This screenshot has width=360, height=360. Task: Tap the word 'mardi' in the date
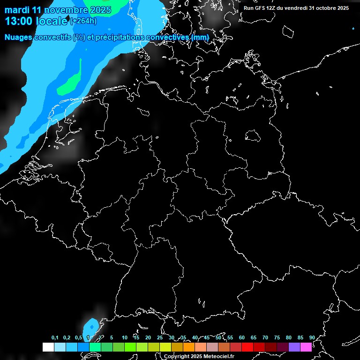[17, 10]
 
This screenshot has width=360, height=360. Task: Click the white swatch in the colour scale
[48, 347]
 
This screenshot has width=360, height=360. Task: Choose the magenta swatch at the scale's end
[306, 347]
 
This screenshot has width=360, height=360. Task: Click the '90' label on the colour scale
[312, 337]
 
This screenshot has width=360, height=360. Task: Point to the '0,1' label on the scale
[55, 337]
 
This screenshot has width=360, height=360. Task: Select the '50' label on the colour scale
[218, 337]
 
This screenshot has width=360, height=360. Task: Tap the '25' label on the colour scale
[159, 337]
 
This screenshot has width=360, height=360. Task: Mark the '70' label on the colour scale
[265, 337]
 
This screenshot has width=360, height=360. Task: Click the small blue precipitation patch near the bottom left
[91, 325]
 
